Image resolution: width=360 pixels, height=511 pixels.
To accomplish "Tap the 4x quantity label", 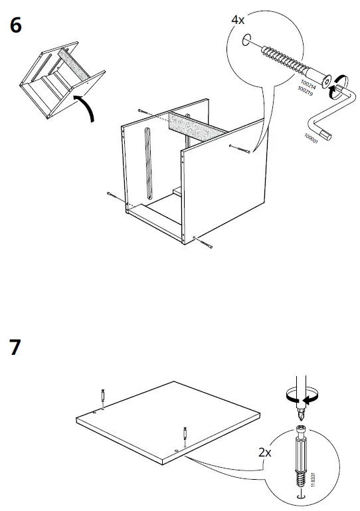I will coord(238,21).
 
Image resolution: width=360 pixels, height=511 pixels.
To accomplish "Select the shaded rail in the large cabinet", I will coord(193,125).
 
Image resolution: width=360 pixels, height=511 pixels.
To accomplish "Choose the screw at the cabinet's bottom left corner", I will coord(112,195).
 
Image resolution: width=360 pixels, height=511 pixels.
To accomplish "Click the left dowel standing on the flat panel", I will coord(103,397).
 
